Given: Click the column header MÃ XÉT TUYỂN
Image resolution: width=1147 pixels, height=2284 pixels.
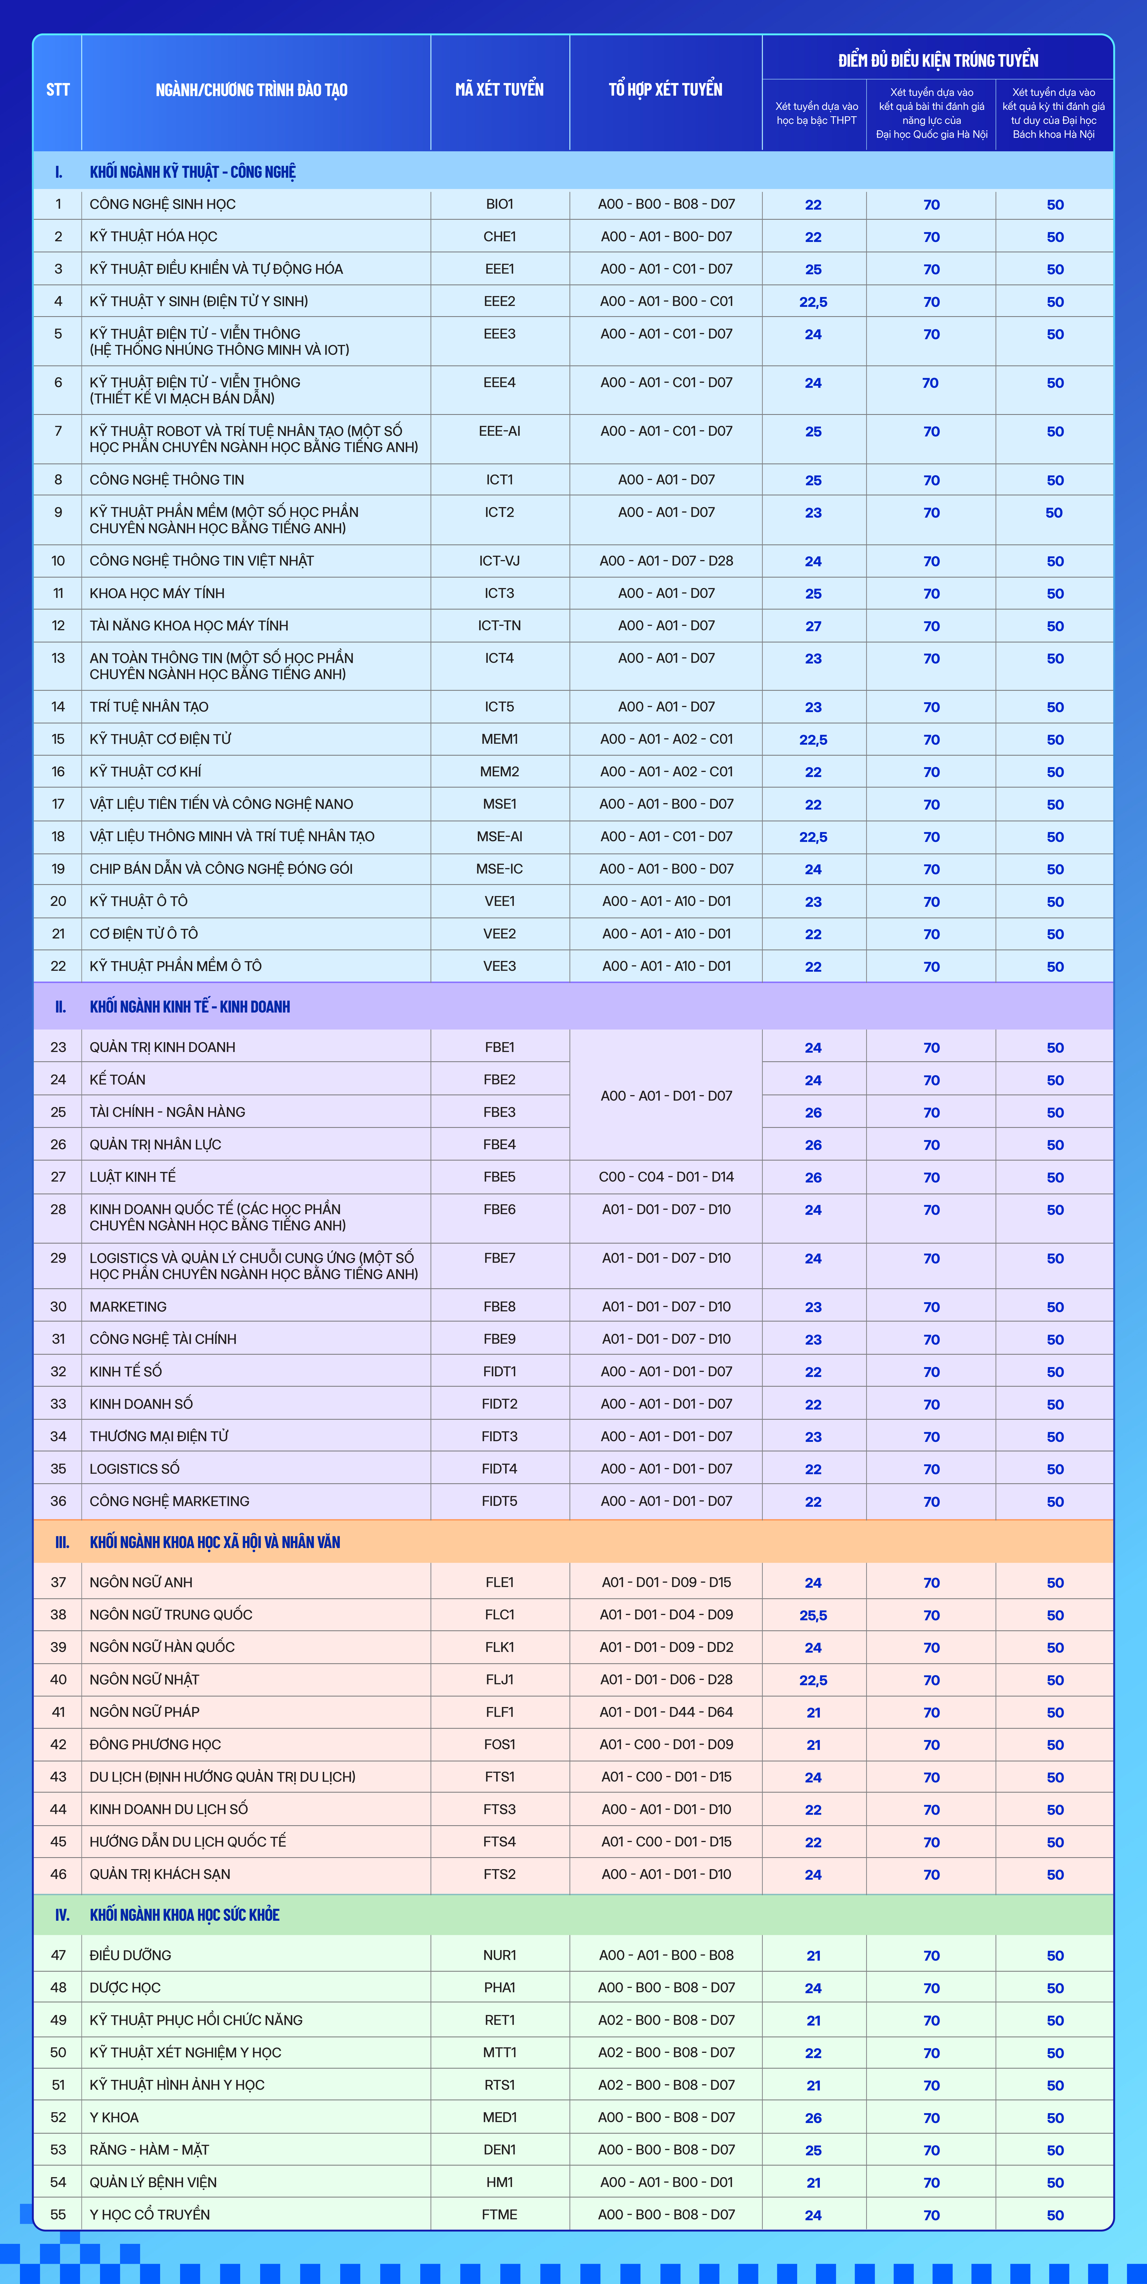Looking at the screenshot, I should [499, 89].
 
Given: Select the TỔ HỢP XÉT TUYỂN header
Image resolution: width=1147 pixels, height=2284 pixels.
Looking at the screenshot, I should [665, 89].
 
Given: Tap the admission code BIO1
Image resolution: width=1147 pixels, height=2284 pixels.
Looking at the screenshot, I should [499, 204].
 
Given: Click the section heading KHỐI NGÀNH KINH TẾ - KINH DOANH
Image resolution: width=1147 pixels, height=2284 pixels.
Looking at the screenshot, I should [190, 1006].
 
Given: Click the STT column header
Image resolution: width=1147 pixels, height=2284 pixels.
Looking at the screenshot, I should [58, 89].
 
